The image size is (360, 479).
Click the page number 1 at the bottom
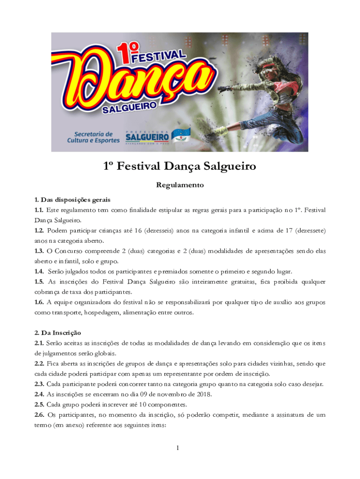[x=178, y=449]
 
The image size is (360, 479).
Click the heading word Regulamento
[x=180, y=185]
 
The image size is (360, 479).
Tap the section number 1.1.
[x=39, y=210]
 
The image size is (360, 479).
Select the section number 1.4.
[x=39, y=271]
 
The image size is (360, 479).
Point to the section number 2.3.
[x=39, y=384]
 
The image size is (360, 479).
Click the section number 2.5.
[x=39, y=404]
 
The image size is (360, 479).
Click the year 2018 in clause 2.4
[x=203, y=394]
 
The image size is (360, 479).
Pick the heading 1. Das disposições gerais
[x=72, y=200]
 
